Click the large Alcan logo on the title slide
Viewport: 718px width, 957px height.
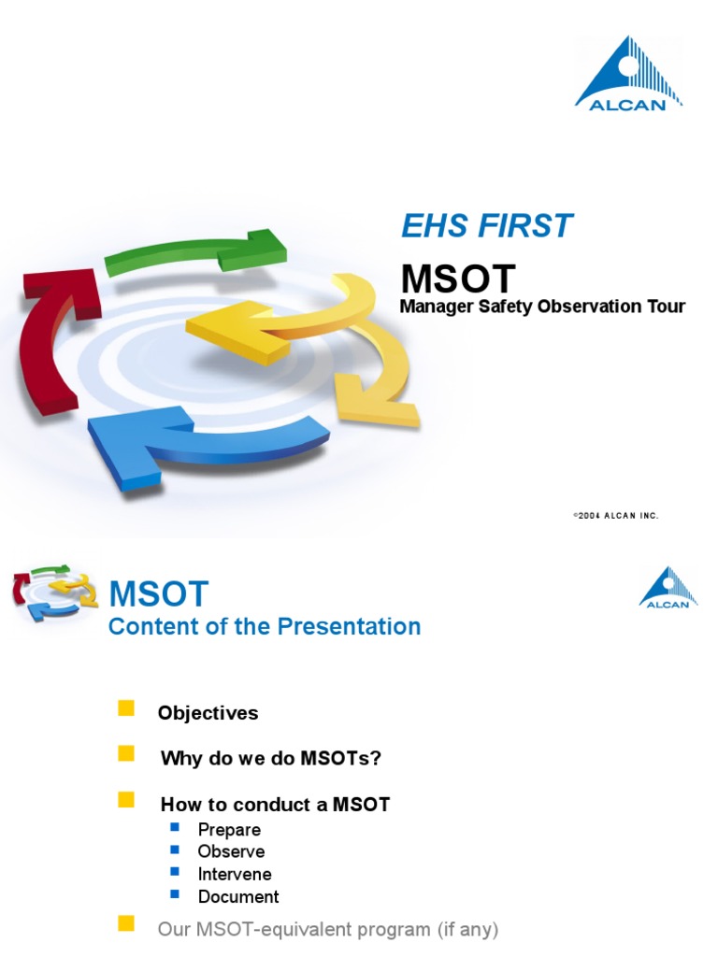pyautogui.click(x=627, y=74)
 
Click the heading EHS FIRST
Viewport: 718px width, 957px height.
pyautogui.click(x=486, y=225)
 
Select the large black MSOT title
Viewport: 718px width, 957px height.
pyautogui.click(x=458, y=279)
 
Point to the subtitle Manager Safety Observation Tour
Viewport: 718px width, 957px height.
pyautogui.click(x=542, y=307)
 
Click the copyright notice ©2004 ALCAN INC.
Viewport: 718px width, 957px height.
pyautogui.click(x=615, y=516)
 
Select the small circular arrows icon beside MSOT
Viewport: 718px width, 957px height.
pyautogui.click(x=54, y=593)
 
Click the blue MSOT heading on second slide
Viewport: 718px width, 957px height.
pyautogui.click(x=159, y=593)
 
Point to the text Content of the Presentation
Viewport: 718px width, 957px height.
pyautogui.click(x=265, y=627)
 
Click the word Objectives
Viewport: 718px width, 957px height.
pyautogui.click(x=208, y=713)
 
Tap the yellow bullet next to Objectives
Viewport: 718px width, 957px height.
pyautogui.click(x=126, y=708)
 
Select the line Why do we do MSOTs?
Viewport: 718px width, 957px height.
pyautogui.click(x=271, y=758)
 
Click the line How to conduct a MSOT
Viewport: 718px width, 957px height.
pyautogui.click(x=275, y=805)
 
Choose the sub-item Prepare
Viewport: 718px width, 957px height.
pyautogui.click(x=229, y=830)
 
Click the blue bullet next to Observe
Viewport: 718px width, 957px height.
pyautogui.click(x=174, y=850)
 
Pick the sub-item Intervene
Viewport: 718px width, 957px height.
pyautogui.click(x=235, y=875)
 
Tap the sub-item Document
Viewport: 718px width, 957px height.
pyautogui.click(x=238, y=897)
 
